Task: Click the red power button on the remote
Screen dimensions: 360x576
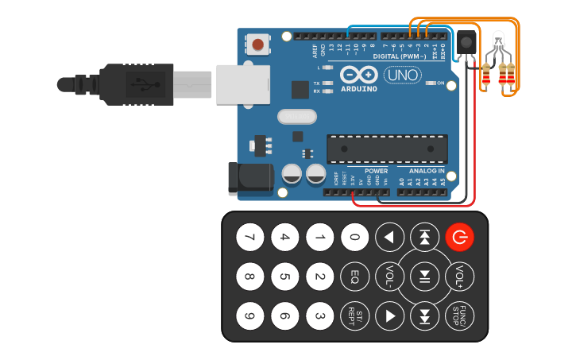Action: coord(459,236)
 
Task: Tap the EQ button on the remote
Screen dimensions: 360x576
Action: coord(354,277)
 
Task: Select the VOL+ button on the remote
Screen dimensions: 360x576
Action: coord(459,277)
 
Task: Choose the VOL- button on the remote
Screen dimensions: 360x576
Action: coord(389,277)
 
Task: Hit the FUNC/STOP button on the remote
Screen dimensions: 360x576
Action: coord(459,315)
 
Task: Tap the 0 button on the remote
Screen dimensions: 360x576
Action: coord(354,236)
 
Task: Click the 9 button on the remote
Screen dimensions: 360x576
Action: coord(250,316)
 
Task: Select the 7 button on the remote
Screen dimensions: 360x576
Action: coord(250,236)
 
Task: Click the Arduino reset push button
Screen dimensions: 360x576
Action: coord(259,44)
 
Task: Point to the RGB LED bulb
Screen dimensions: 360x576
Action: coord(498,42)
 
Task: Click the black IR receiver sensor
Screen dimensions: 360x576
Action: coord(466,42)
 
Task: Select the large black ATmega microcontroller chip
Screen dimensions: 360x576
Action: coord(386,149)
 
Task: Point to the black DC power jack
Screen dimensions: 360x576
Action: coord(249,178)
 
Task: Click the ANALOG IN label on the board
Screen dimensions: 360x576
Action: coord(427,171)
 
